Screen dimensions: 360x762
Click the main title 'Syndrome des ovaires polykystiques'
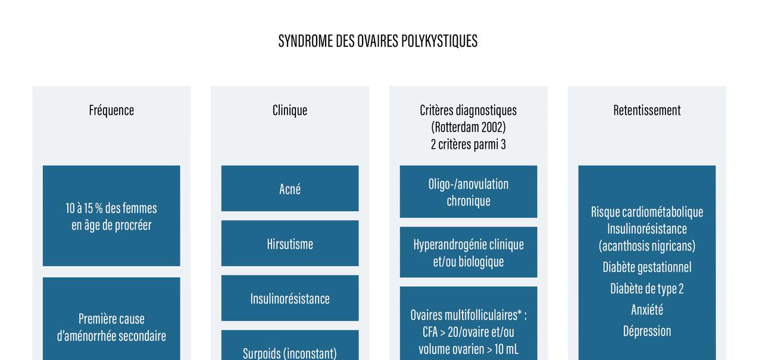point(377,41)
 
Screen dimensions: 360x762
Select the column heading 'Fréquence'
point(111,110)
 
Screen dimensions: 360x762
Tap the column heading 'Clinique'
point(290,110)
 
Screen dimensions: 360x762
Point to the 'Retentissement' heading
point(647,110)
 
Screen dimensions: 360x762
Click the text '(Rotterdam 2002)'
point(468,127)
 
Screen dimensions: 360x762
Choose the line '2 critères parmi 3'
point(468,145)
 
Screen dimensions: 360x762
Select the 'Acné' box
point(290,189)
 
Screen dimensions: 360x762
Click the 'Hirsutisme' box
point(290,243)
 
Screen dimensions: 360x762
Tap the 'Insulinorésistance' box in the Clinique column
point(290,298)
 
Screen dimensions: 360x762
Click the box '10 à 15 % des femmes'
point(111,216)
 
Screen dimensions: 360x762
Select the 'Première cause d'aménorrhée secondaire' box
point(111,327)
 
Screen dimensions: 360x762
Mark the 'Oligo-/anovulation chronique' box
point(468,192)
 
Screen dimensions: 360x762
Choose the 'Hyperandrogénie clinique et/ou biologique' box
point(468,252)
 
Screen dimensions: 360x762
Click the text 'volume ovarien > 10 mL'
point(468,349)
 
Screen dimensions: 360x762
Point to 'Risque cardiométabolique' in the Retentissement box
point(647,212)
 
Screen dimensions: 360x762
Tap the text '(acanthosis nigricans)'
point(647,246)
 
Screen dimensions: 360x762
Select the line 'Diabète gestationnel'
point(647,267)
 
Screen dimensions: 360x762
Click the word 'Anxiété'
point(647,309)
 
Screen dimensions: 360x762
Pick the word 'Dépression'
point(647,331)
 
